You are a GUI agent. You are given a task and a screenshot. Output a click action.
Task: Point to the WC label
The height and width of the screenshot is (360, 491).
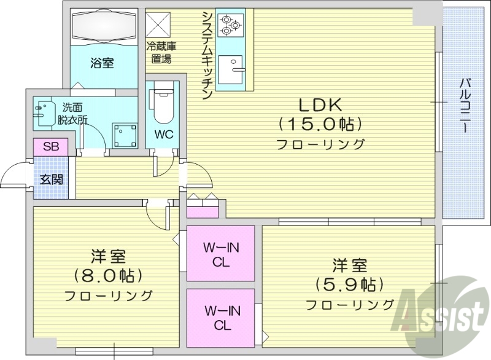[x=163, y=134]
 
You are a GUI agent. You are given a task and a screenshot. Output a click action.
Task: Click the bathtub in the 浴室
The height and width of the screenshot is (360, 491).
[x=102, y=27]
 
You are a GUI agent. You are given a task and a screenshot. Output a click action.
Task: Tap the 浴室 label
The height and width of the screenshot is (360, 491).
[x=102, y=63]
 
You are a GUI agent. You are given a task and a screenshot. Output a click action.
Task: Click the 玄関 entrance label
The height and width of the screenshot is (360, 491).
[x=50, y=179]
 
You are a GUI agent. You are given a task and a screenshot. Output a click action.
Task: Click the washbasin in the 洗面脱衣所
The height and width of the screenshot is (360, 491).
[x=44, y=114]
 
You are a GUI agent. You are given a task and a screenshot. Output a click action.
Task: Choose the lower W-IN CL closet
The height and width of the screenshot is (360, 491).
[x=220, y=316]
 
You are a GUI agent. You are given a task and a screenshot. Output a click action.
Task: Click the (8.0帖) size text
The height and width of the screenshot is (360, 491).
[x=108, y=275]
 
